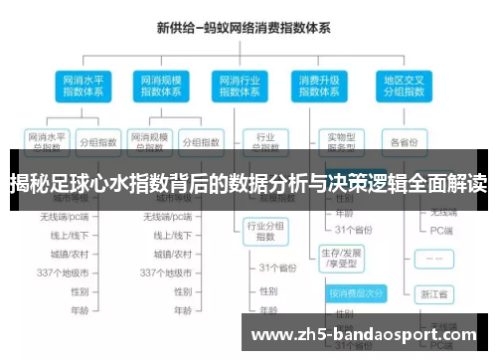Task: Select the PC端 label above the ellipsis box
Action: click(x=437, y=230)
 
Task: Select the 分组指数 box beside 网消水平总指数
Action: click(x=98, y=140)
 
